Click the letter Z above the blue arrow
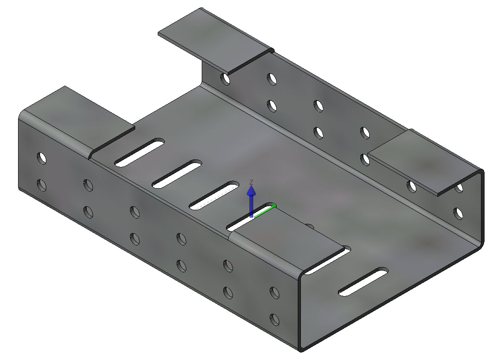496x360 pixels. click(251, 182)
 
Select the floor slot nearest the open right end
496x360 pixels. click(363, 282)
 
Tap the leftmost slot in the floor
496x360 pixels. click(140, 152)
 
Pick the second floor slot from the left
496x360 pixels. click(177, 174)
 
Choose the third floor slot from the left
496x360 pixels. click(214, 196)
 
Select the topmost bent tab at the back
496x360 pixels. click(216, 41)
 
